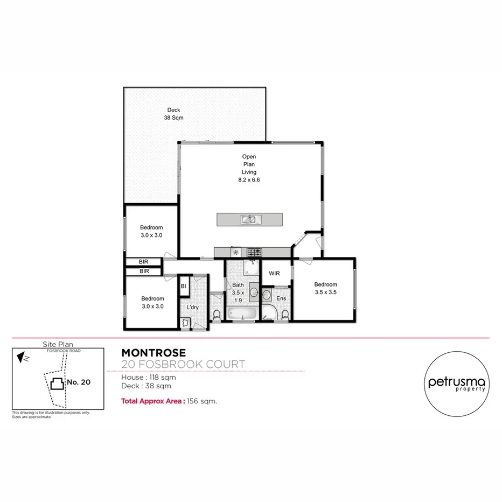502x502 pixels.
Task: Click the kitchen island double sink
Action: (250, 219)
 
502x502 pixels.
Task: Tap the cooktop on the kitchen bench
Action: (254, 252)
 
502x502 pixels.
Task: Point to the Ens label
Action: (281, 298)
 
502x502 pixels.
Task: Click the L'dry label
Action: (192, 307)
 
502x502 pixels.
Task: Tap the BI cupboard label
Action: (183, 287)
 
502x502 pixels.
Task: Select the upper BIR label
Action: (144, 262)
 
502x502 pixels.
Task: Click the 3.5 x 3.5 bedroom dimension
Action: (325, 292)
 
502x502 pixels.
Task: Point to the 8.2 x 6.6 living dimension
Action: (249, 180)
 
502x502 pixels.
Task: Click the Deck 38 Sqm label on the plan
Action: (173, 114)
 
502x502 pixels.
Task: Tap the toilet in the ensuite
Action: (284, 314)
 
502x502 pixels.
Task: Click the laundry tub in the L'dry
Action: (185, 322)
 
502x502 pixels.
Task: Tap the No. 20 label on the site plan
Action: (79, 382)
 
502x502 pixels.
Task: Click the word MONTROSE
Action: (154, 353)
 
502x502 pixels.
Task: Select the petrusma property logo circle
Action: (457, 384)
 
